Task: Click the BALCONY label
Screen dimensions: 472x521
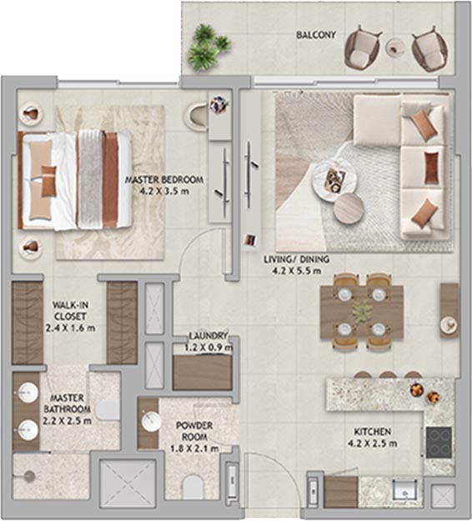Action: [316, 34]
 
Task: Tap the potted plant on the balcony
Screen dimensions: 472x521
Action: [208, 48]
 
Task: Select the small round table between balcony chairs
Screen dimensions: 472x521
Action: [396, 48]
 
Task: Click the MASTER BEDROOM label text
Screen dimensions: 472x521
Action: [164, 180]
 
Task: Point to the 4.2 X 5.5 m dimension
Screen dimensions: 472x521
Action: [297, 271]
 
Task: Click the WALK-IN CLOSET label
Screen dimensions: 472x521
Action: [70, 311]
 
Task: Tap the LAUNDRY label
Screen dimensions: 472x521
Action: [208, 336]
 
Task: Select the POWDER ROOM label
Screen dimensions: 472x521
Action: [194, 431]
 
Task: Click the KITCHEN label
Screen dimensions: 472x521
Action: [372, 432]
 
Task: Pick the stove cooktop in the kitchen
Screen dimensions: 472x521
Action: [439, 443]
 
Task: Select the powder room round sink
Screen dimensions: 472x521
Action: [152, 422]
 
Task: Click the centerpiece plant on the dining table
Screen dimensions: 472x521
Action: [362, 312]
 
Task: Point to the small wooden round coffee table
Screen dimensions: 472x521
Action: [349, 208]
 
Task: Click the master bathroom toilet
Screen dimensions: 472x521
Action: [108, 410]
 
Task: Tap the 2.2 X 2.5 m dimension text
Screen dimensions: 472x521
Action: [68, 421]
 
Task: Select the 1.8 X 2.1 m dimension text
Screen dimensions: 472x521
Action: [194, 449]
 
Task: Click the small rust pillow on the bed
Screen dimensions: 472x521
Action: [49, 182]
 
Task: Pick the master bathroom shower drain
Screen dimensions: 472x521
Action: [30, 476]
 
